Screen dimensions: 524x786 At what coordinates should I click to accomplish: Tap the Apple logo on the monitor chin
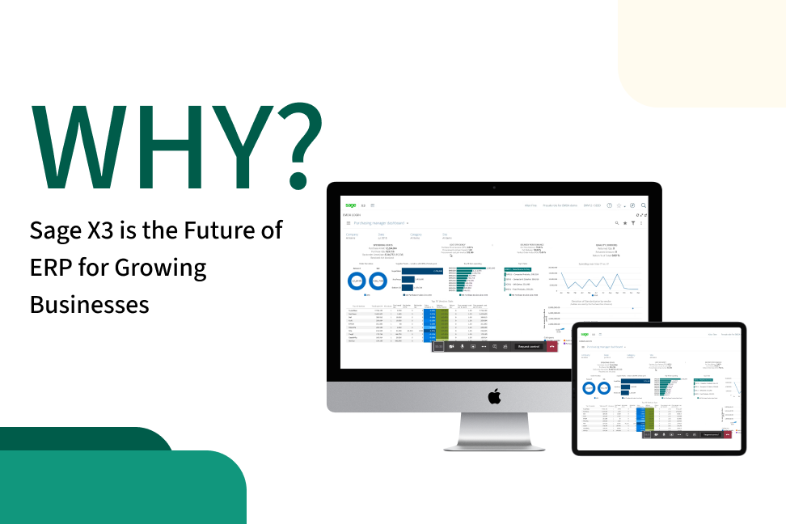tap(494, 395)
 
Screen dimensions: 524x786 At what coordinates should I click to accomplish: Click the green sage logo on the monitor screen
tap(351, 205)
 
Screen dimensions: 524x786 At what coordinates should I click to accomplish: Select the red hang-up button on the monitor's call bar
tap(552, 346)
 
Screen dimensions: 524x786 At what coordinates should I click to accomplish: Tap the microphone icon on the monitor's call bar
tap(463, 346)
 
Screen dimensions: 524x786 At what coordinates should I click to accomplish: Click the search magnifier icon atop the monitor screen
tap(644, 205)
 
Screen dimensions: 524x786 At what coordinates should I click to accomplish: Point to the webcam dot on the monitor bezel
tap(494, 188)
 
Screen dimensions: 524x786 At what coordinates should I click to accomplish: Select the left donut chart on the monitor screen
tap(356, 281)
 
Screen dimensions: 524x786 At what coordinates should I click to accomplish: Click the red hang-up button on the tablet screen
tap(728, 434)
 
